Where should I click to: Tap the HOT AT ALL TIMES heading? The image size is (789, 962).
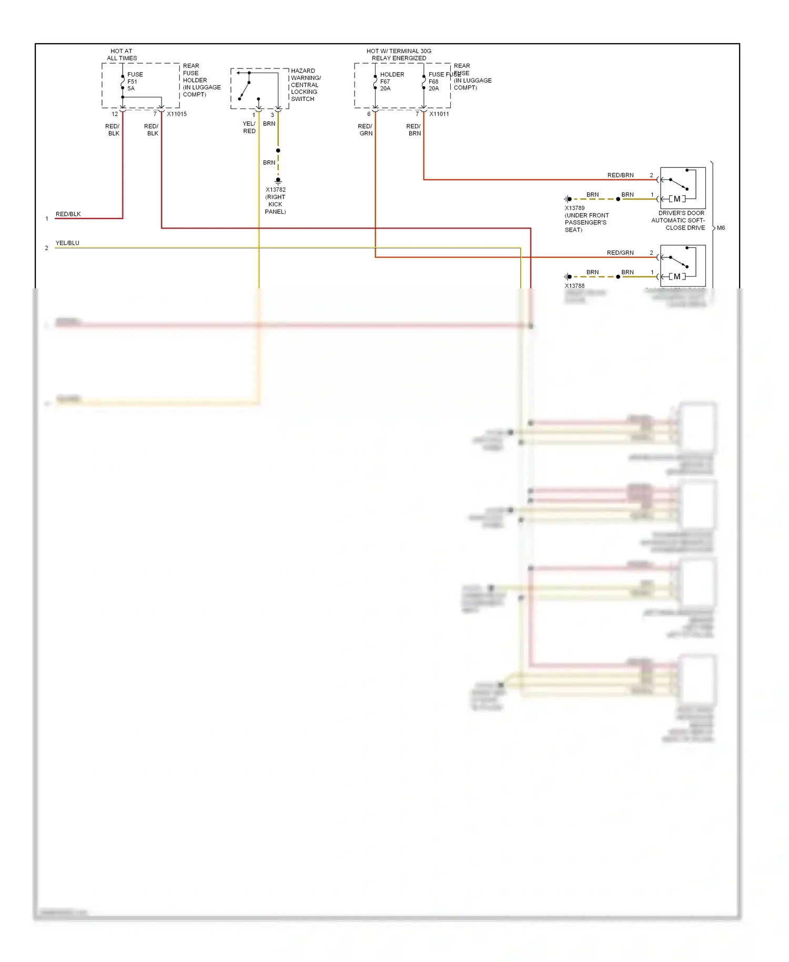point(122,55)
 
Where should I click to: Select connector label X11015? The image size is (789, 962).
point(177,114)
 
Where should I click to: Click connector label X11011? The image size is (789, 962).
point(439,114)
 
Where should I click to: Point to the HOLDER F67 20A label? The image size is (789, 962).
point(391,82)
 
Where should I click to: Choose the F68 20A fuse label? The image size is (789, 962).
point(434,85)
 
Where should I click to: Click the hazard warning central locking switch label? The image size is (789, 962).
point(305,85)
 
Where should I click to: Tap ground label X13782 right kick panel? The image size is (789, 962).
point(275,201)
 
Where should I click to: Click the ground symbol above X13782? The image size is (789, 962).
point(278,181)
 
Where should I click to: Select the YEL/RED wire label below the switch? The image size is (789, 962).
point(249,127)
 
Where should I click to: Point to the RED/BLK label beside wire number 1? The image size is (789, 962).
point(68,214)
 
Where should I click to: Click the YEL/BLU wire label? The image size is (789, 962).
point(67,243)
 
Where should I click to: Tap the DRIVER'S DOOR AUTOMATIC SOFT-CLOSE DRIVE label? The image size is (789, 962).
point(678,221)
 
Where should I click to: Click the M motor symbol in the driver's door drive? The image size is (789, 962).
point(677,199)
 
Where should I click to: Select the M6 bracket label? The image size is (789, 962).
point(721,228)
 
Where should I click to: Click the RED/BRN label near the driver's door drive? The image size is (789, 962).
point(620,175)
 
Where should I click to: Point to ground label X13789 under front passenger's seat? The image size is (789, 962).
point(586,219)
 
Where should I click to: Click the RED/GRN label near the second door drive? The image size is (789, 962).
point(620,253)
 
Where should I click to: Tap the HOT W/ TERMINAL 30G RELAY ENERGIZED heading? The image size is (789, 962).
point(399,55)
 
